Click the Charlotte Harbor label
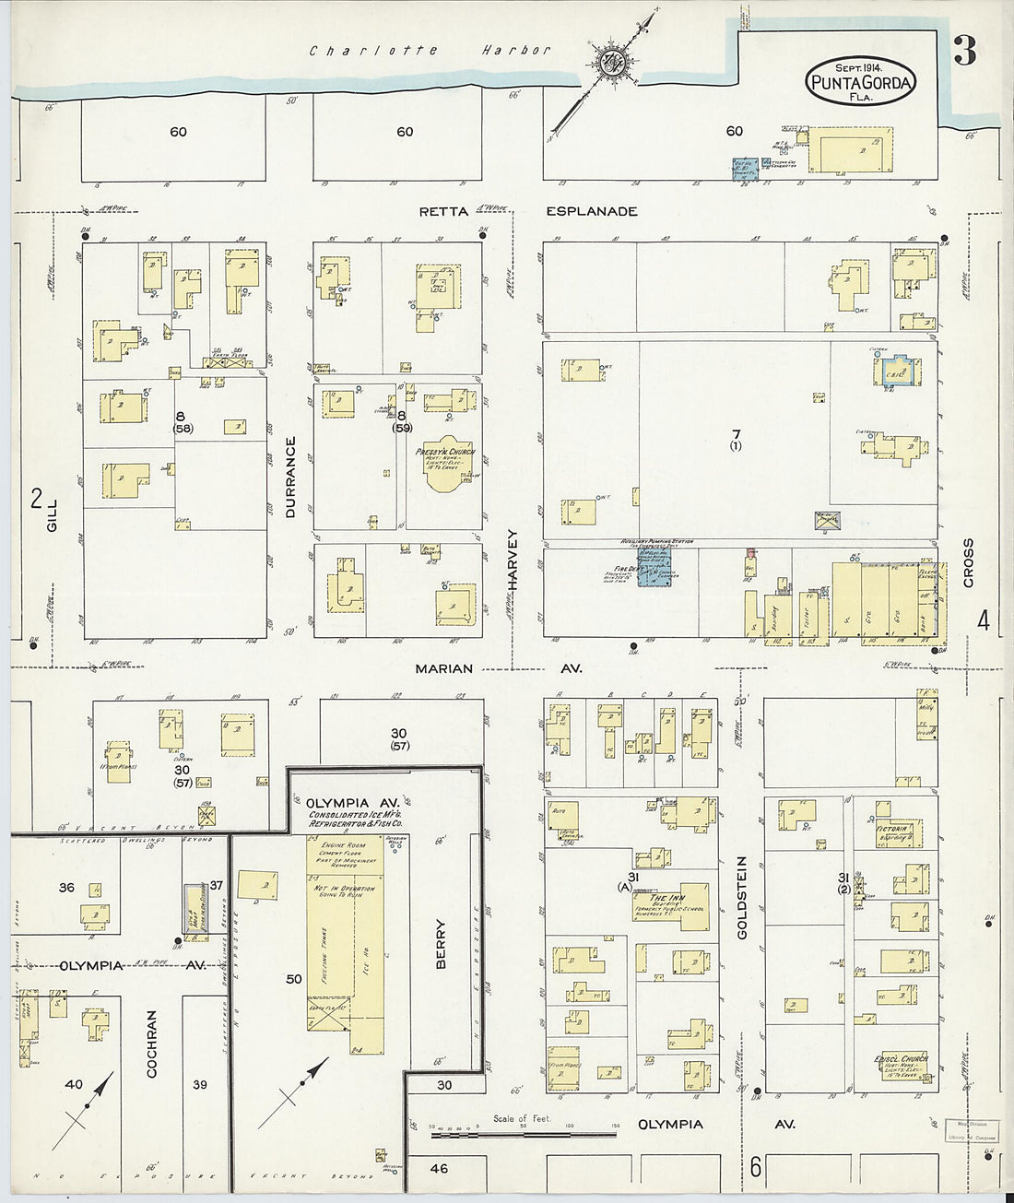click(x=430, y=52)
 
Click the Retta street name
click(x=438, y=211)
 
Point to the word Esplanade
click(x=591, y=211)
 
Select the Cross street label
click(x=968, y=562)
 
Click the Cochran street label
click(x=152, y=1044)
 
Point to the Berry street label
click(x=440, y=944)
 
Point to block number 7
click(x=735, y=434)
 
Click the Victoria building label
click(x=893, y=830)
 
